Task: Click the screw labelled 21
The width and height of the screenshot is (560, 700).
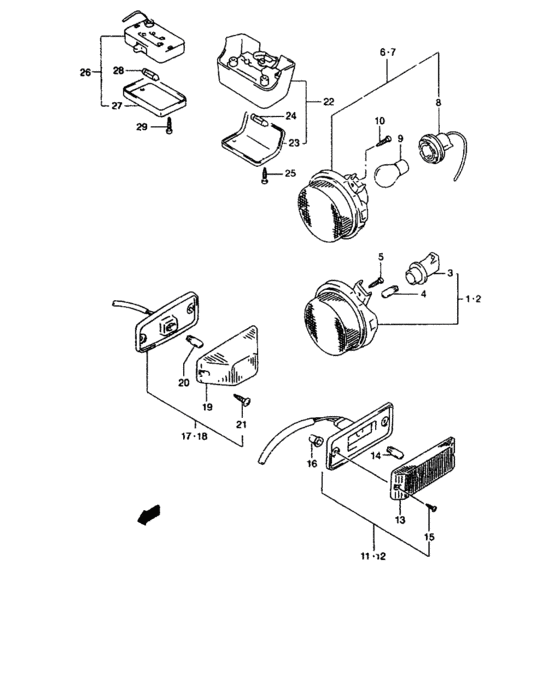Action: pos(241,401)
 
